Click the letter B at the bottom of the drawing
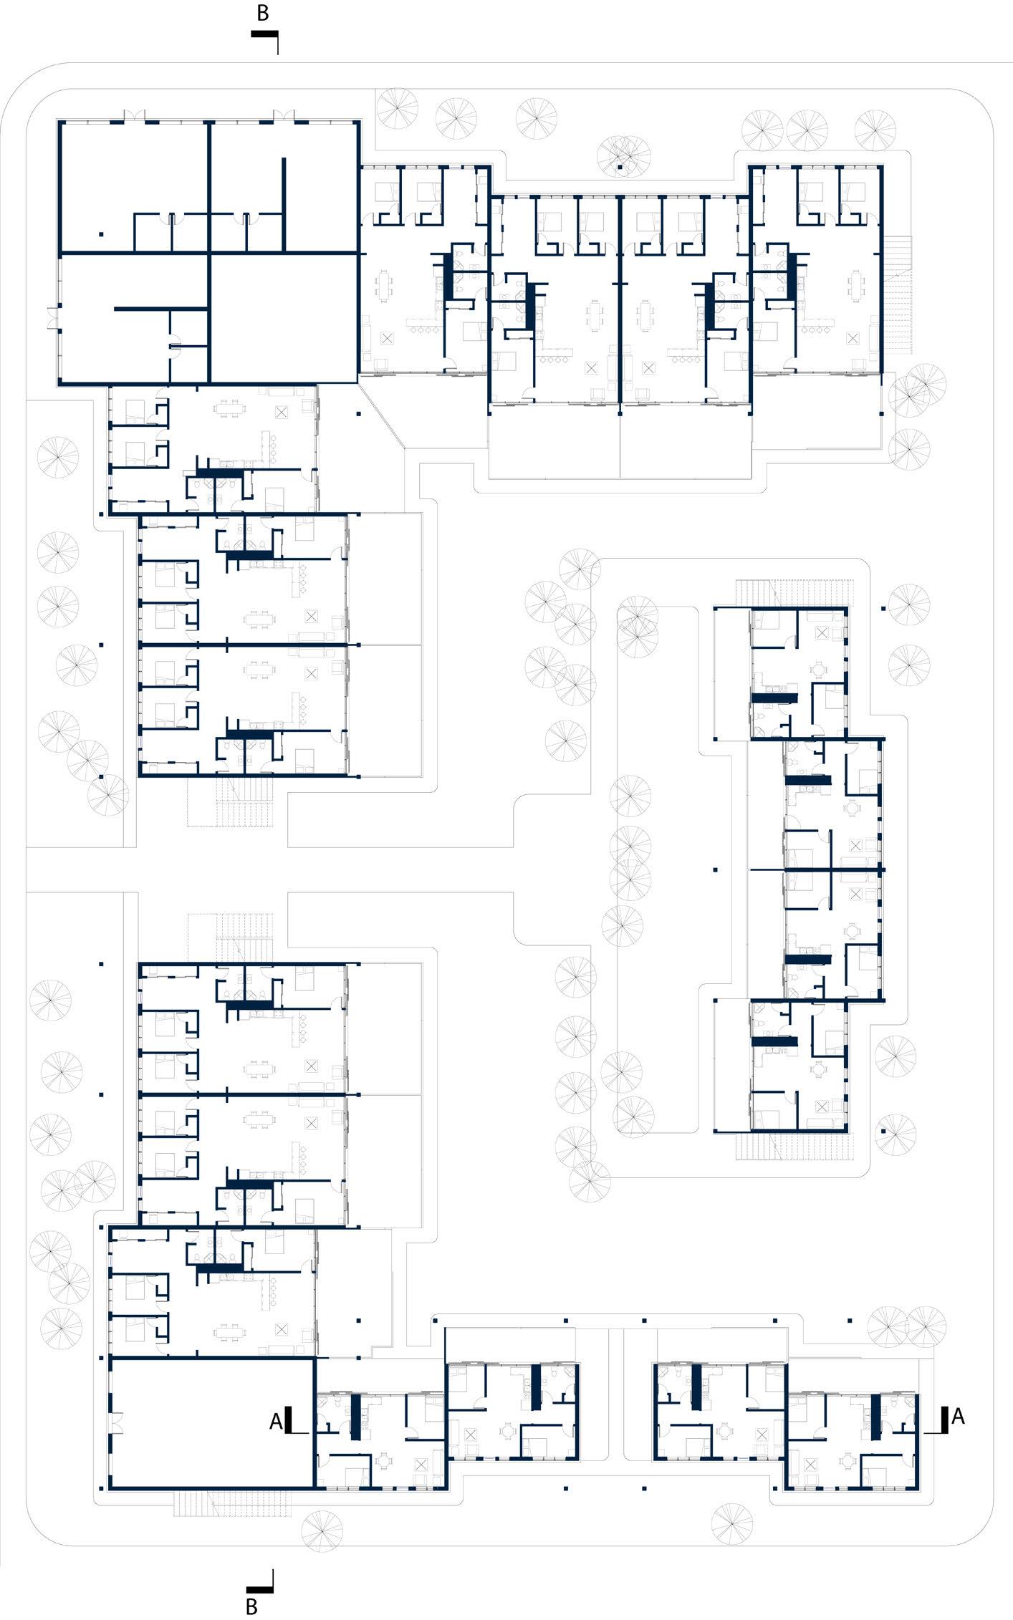[251, 1606]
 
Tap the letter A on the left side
[276, 1421]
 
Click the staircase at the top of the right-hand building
[797, 592]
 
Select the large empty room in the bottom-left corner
[212, 1419]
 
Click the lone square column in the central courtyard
[715, 870]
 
